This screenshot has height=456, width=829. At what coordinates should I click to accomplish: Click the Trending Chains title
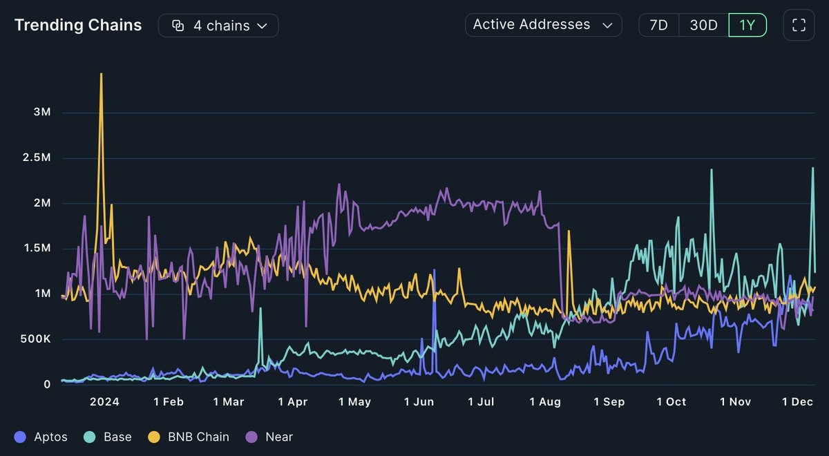point(78,26)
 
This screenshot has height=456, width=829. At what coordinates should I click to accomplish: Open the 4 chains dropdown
point(218,26)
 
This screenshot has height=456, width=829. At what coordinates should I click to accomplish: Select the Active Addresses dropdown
point(543,25)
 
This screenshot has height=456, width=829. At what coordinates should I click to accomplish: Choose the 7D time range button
point(658,26)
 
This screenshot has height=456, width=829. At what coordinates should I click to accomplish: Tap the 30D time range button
point(703,26)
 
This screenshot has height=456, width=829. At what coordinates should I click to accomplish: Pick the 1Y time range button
point(747,26)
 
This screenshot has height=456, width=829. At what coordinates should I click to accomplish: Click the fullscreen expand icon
point(799,26)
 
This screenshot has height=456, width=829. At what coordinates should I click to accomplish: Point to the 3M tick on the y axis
point(41,113)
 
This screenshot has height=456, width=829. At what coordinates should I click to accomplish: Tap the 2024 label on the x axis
point(104,402)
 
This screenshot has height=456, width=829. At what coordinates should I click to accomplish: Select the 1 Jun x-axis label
point(419,402)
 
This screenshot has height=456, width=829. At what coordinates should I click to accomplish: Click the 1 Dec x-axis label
point(797,402)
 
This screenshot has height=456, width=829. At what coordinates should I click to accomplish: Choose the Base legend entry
point(109,437)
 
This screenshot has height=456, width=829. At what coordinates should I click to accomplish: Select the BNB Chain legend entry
point(191,437)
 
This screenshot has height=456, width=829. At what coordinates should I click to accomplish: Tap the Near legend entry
point(271,437)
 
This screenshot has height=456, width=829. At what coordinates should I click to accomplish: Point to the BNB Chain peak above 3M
point(102,74)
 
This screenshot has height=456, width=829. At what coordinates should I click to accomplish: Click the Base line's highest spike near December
point(812,168)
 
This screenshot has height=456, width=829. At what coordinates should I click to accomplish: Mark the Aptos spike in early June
point(435,271)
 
